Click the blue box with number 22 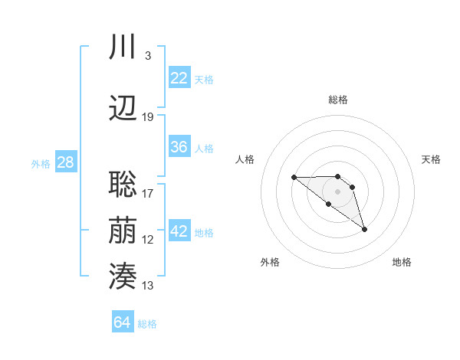179,78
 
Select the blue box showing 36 179,147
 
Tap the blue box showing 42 179,232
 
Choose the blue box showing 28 65,162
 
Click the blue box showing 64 123,322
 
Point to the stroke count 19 148,117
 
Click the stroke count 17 148,194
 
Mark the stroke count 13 148,286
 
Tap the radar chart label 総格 338,100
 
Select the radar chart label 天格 431,159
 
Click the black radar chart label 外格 270,262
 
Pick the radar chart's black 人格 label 245,159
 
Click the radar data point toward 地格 364,229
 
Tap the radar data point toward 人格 294,178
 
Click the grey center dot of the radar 337,191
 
